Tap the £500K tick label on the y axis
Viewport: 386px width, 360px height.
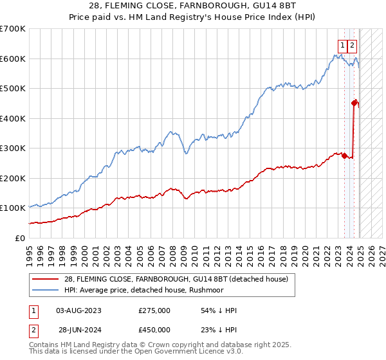point(12,89)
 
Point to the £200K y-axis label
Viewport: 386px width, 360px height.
point(12,178)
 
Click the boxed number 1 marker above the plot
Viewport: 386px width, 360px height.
point(343,45)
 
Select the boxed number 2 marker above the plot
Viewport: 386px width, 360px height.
point(353,45)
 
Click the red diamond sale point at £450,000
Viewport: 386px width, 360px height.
point(354,102)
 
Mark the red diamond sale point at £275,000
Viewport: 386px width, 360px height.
point(345,155)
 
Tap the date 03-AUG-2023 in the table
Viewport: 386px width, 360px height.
point(79,310)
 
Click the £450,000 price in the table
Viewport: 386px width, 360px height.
point(154,330)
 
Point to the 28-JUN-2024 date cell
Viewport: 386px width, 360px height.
point(79,330)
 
